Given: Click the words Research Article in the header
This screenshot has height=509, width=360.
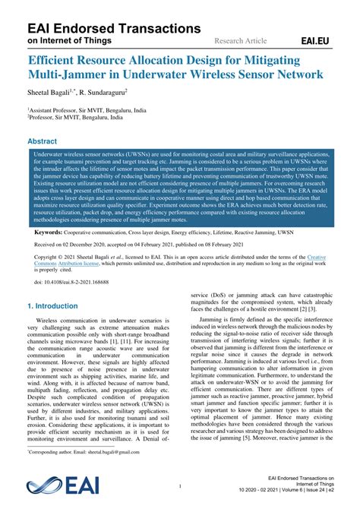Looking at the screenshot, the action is (x=242, y=40).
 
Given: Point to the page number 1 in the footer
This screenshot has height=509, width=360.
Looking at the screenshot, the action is (x=180, y=486).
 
